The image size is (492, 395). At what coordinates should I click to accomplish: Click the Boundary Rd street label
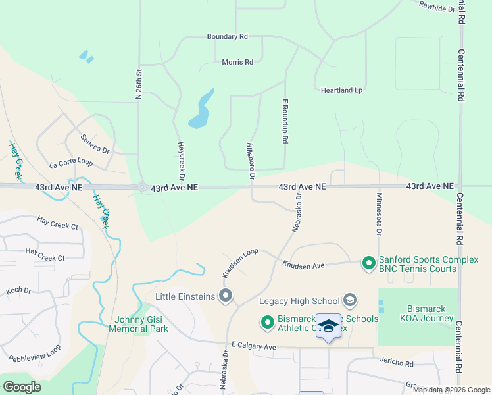click(227, 37)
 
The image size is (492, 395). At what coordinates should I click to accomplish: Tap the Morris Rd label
click(238, 62)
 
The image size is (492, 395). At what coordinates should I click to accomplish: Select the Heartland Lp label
click(341, 90)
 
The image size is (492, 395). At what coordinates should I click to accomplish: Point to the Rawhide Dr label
click(437, 7)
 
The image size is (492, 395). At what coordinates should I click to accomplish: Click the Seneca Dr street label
click(95, 144)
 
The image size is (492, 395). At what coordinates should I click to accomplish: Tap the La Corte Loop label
click(70, 161)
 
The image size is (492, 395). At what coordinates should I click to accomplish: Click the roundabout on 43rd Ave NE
click(141, 188)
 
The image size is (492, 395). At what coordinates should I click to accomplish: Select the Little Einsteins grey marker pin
click(226, 296)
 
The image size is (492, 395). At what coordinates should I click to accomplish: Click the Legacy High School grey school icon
click(350, 301)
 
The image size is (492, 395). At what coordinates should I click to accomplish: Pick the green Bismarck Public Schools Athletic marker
click(267, 323)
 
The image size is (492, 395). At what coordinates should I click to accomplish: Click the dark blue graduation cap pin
click(328, 326)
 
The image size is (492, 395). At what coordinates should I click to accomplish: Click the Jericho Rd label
click(396, 363)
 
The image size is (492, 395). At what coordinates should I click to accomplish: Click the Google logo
click(22, 387)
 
